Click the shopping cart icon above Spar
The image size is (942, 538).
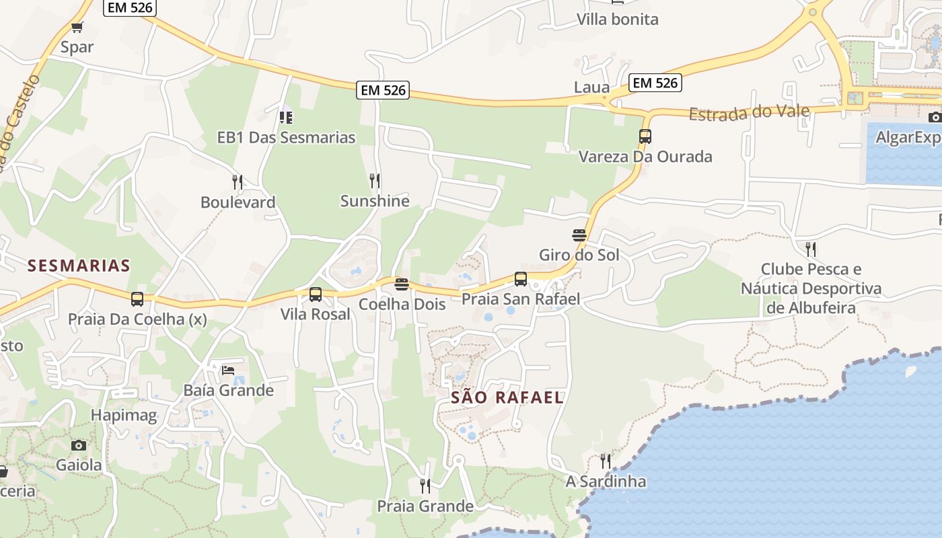pyautogui.click(x=77, y=28)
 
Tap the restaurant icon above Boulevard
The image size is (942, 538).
pyautogui.click(x=237, y=182)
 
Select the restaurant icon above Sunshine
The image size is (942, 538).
pyautogui.click(x=375, y=180)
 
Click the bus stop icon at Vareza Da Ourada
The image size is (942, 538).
pyautogui.click(x=645, y=137)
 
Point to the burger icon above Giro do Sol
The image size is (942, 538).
pyautogui.click(x=579, y=235)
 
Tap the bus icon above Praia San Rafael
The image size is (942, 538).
pyautogui.click(x=520, y=278)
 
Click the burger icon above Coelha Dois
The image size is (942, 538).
pyautogui.click(x=402, y=284)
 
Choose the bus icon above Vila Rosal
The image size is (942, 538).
pyautogui.click(x=315, y=294)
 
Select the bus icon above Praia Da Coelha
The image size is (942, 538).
pyautogui.click(x=137, y=299)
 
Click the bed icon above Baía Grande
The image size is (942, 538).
pyautogui.click(x=228, y=370)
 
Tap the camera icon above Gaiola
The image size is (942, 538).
pyautogui.click(x=79, y=445)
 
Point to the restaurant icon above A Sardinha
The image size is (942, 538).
pyautogui.click(x=606, y=461)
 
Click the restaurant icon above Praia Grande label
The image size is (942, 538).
pyautogui.click(x=425, y=486)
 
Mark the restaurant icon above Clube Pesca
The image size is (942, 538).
pyautogui.click(x=811, y=249)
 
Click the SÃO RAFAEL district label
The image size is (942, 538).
pyautogui.click(x=507, y=397)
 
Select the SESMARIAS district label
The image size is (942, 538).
pyautogui.click(x=79, y=266)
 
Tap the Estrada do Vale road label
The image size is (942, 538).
pyautogui.click(x=749, y=113)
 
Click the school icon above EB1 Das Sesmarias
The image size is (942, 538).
pyautogui.click(x=286, y=117)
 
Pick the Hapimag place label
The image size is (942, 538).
pyautogui.click(x=124, y=415)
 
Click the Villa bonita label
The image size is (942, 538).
pyautogui.click(x=617, y=20)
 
